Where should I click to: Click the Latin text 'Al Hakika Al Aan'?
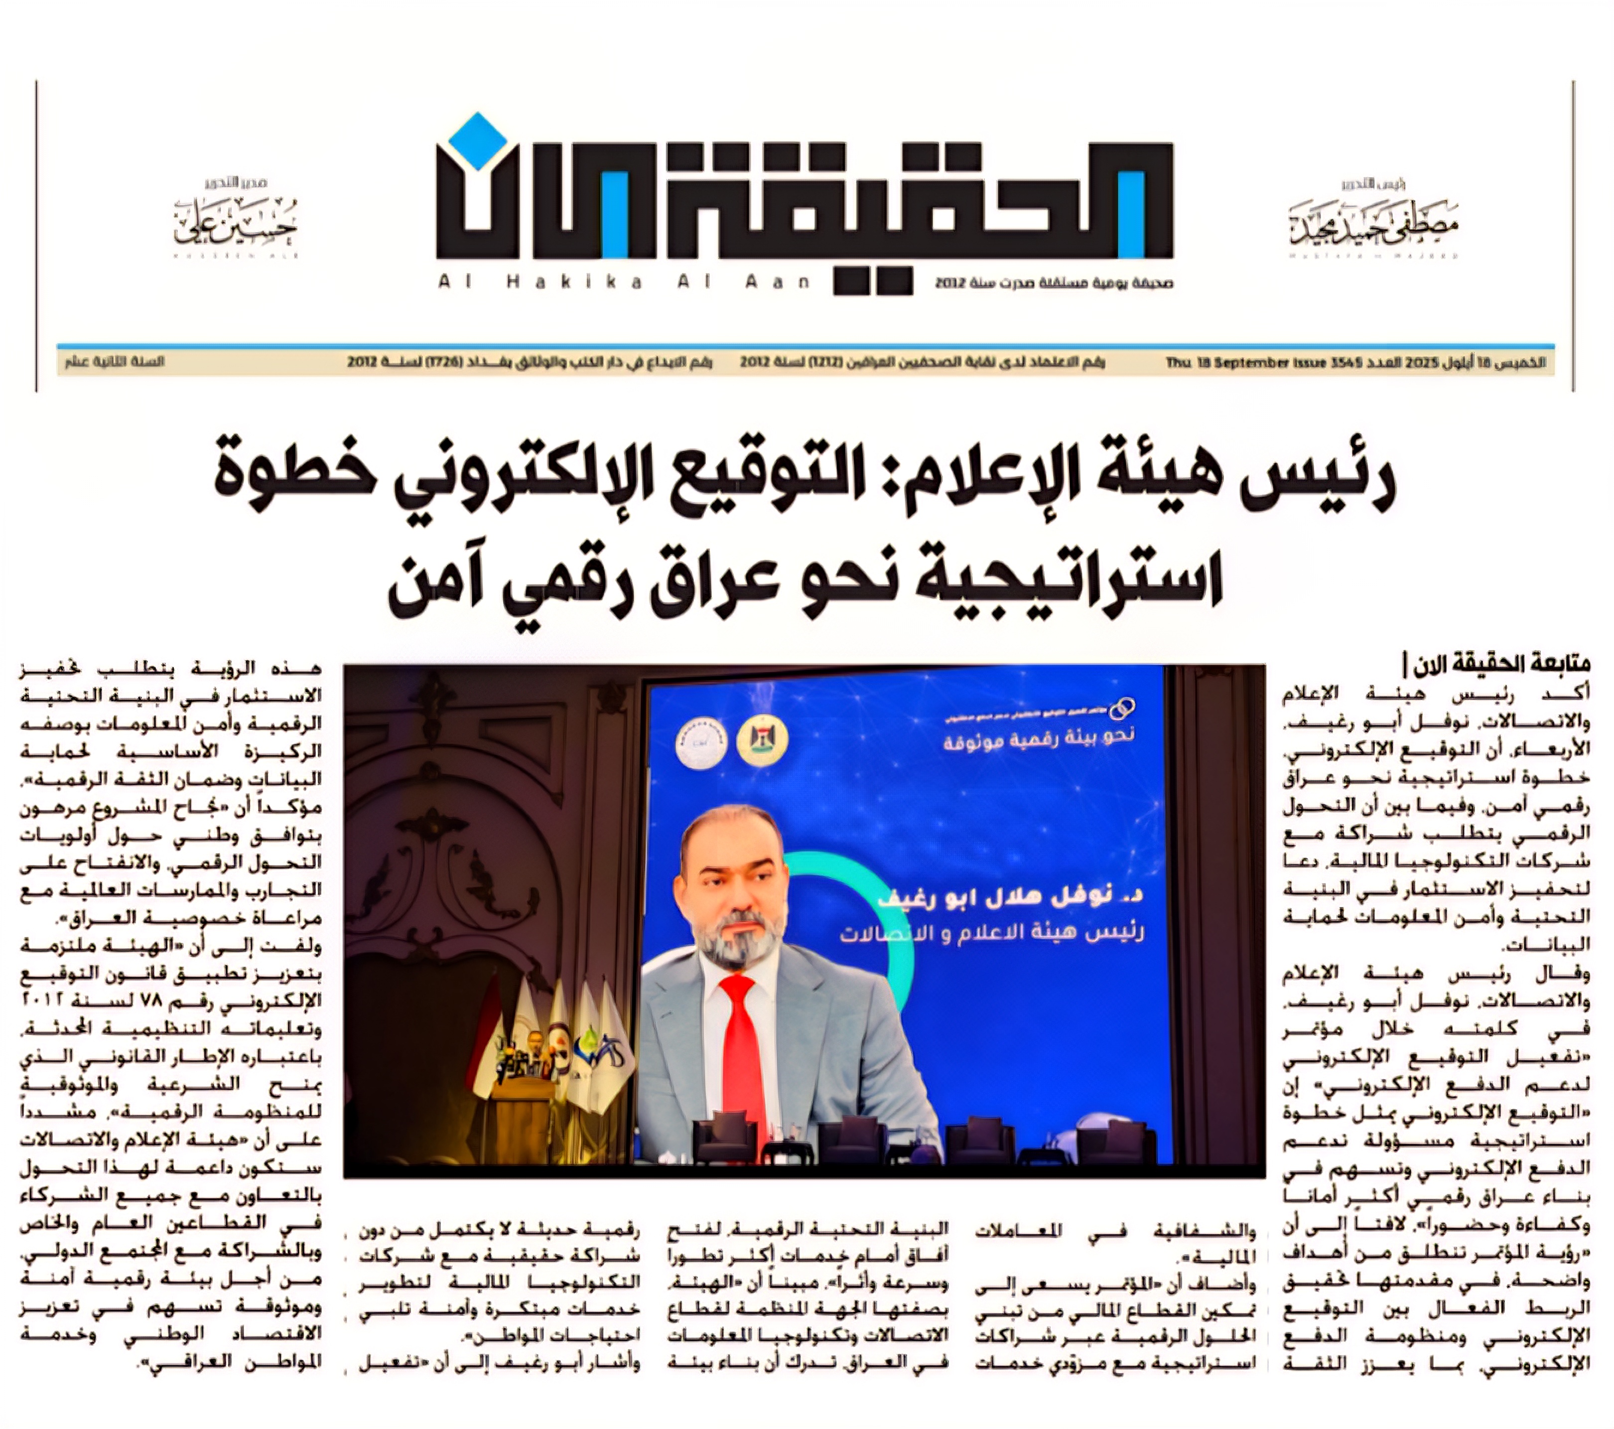coord(624,282)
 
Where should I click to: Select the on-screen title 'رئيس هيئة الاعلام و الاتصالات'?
coord(991,933)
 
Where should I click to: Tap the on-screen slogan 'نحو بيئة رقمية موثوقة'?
coord(1038,738)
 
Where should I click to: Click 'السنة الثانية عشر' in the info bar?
coord(115,362)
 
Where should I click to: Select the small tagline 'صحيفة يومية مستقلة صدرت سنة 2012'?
coord(1054,283)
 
